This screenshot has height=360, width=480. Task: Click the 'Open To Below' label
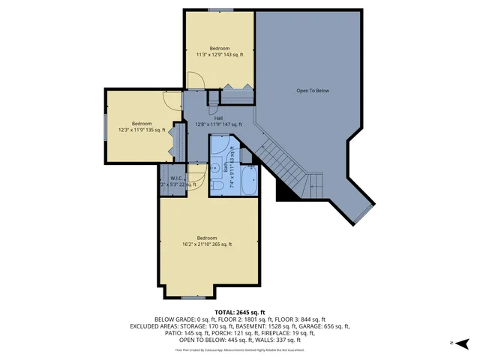(313, 91)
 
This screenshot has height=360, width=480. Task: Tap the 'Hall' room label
(218, 118)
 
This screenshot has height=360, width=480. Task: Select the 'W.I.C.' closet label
(177, 178)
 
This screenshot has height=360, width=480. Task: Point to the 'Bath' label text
(226, 166)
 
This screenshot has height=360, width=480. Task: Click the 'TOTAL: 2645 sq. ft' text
(239, 312)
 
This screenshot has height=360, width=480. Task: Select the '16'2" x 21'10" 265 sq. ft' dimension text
(207, 244)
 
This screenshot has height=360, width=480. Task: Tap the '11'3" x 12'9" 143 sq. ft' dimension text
(220, 55)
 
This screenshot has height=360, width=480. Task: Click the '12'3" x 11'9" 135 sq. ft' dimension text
(142, 130)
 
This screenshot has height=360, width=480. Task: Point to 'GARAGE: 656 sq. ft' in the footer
(321, 326)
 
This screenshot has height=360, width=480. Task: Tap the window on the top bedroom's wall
(220, 9)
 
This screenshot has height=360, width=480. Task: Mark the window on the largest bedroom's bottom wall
(193, 298)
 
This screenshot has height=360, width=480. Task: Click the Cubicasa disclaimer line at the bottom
(239, 349)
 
